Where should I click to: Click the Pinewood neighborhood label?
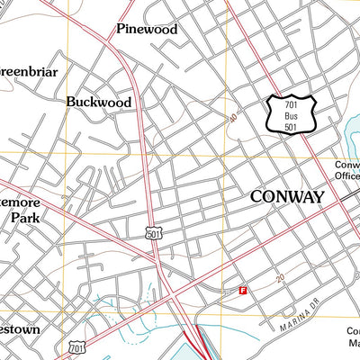click(147, 29)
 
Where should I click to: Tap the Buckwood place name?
click(98, 103)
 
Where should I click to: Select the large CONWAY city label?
click(286, 197)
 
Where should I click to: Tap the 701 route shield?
click(76, 346)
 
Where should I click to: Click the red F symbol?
click(242, 290)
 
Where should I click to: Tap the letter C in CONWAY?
click(256, 197)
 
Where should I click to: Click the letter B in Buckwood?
click(71, 103)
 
